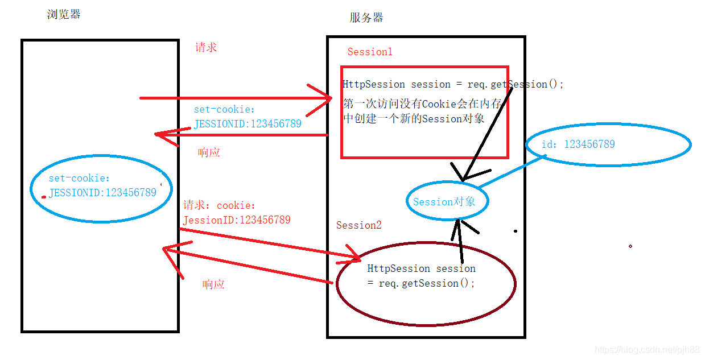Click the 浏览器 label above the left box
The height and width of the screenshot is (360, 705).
[x=64, y=14]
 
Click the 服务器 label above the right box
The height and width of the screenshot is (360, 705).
[x=366, y=18]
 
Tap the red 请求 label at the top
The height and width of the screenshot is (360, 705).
[x=206, y=47]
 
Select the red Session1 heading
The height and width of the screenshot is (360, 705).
[x=370, y=52]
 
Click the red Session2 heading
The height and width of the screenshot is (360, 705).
[x=358, y=225]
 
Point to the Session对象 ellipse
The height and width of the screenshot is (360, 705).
[x=447, y=202]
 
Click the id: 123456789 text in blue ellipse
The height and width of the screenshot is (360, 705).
[x=578, y=144]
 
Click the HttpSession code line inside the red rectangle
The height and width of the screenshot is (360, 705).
[x=453, y=84]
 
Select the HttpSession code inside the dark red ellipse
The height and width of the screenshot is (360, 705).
[x=422, y=276]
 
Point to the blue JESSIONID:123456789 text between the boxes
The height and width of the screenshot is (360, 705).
[x=248, y=123]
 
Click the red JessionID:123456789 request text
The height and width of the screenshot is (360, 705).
[x=237, y=220]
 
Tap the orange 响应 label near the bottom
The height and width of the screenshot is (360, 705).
[x=213, y=284]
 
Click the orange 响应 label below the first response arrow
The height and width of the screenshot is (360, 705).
[x=209, y=152]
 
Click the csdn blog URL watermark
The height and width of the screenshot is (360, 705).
[x=646, y=350]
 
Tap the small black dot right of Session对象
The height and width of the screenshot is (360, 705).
[x=516, y=231]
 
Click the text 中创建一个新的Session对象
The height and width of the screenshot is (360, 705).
[x=414, y=119]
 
